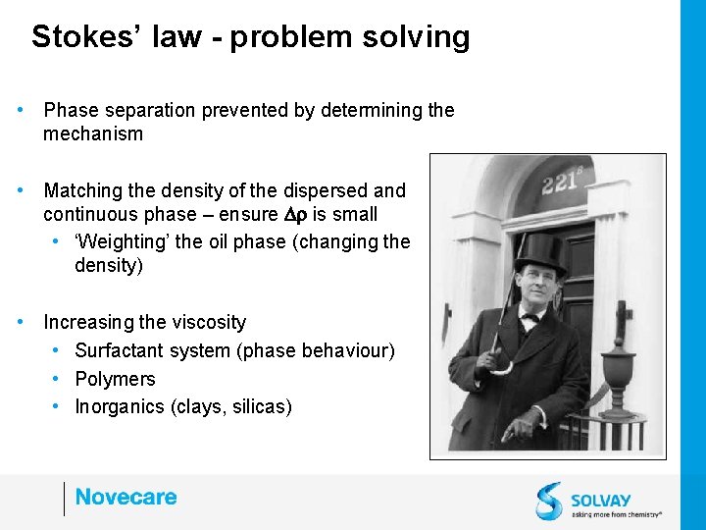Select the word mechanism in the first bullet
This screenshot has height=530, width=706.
93,134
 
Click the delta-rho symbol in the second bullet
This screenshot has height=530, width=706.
296,215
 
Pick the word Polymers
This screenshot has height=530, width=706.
115,379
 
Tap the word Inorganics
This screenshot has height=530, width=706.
121,406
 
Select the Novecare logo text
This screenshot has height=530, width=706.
126,497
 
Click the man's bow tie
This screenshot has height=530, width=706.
530,317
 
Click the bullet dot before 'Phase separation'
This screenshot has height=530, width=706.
21,110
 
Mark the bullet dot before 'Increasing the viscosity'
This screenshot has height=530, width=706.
21,322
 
